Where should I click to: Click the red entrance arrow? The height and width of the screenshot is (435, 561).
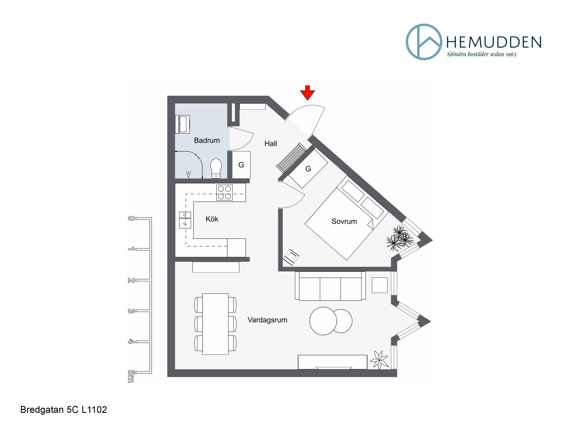(307, 93)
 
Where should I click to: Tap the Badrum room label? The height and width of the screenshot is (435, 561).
(207, 140)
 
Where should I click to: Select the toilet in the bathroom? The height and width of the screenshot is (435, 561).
(216, 168)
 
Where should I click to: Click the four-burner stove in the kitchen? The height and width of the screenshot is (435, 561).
(224, 193)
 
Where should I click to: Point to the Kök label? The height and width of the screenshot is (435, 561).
(212, 219)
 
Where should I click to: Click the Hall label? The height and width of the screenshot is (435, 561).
(271, 144)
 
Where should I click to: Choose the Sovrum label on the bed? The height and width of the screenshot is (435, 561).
(344, 222)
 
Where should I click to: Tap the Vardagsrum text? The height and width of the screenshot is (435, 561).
(267, 320)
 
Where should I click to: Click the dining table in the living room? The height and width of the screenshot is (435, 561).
(215, 324)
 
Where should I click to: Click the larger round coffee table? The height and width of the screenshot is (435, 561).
(323, 321)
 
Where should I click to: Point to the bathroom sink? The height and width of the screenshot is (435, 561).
(182, 125)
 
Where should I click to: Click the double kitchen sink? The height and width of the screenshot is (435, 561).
(185, 220)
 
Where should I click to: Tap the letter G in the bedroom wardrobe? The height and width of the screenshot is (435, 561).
(308, 169)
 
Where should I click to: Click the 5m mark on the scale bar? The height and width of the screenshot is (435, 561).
(131, 376)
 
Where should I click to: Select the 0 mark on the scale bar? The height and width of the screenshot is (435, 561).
(131, 218)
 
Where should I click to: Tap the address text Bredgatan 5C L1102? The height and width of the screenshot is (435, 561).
(64, 410)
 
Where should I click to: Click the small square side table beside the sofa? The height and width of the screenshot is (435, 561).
(380, 285)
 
